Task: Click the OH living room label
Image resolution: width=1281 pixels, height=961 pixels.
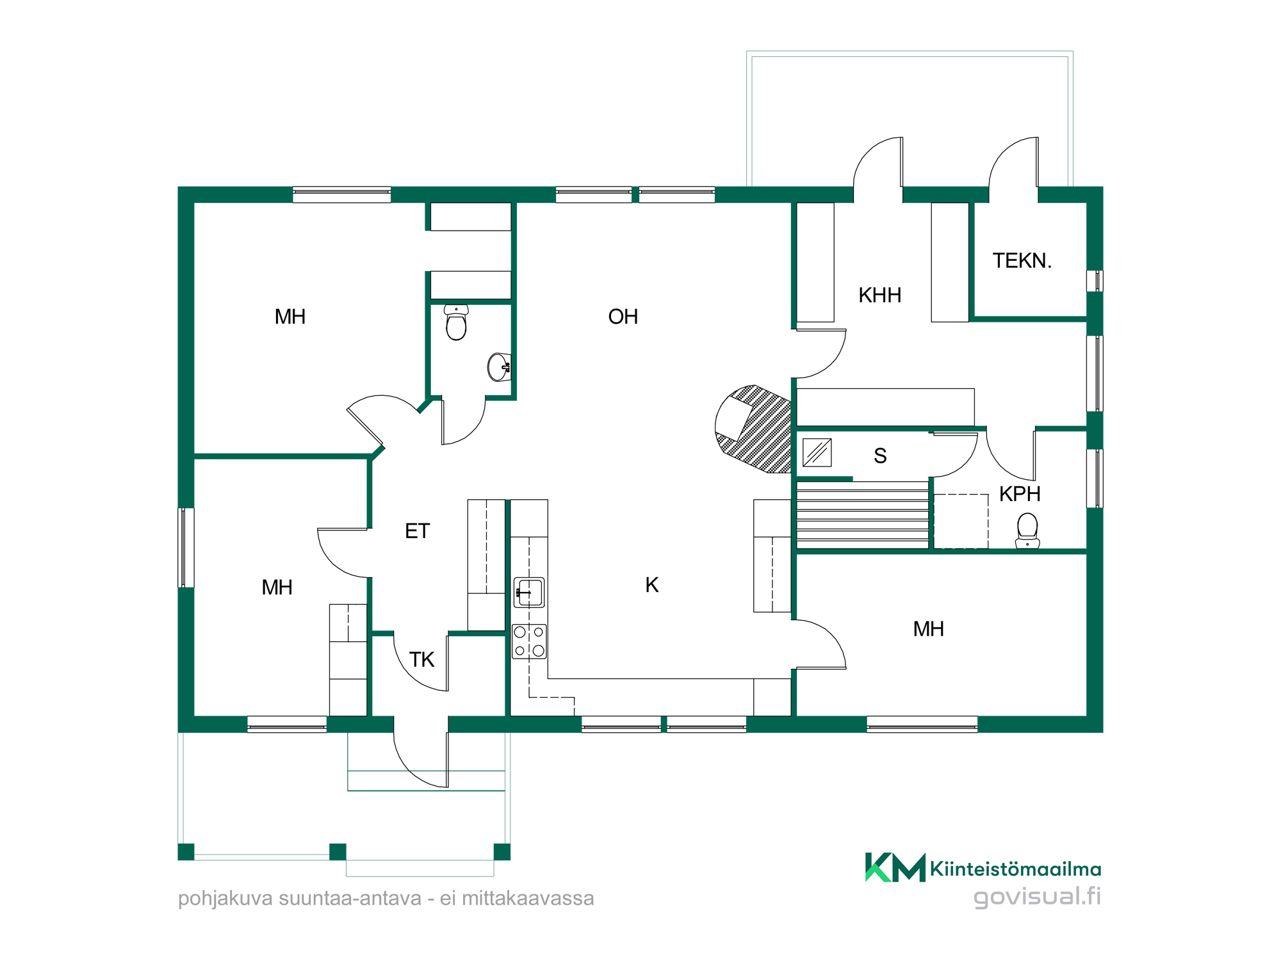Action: coord(623,316)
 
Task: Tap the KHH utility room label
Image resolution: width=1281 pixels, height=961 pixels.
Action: coord(879,295)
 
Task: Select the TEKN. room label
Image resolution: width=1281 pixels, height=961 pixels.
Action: coord(1022,261)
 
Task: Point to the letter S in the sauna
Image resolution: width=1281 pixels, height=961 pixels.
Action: coord(880,456)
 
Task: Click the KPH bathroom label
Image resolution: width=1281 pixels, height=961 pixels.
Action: coord(1020,494)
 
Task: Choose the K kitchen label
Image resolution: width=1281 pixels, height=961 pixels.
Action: coord(652,585)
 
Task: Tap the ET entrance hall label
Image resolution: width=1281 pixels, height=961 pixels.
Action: coord(417,531)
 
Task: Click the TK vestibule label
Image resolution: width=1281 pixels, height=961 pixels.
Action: coord(421,660)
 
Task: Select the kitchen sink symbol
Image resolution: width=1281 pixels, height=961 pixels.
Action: coord(529,593)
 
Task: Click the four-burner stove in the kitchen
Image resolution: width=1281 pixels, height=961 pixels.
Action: coord(529,641)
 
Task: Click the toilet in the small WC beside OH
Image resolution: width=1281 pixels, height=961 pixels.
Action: coord(456,322)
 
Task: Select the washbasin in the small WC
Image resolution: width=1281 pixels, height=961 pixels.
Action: coord(500,367)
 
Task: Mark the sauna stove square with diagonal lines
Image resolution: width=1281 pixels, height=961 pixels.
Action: coord(817,452)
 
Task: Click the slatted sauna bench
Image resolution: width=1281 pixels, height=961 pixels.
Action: coord(862,515)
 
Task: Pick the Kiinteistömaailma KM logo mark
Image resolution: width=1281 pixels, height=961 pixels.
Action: coord(895,867)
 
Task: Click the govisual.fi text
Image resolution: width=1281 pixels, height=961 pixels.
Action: coord(1037,896)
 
